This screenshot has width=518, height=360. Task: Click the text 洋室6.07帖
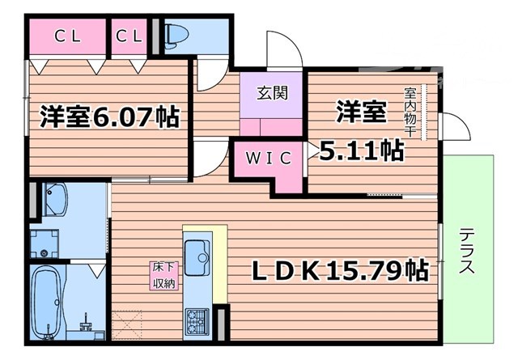pyautogui.click(x=110, y=118)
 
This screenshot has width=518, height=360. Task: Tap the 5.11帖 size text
pyautogui.click(x=362, y=150)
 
